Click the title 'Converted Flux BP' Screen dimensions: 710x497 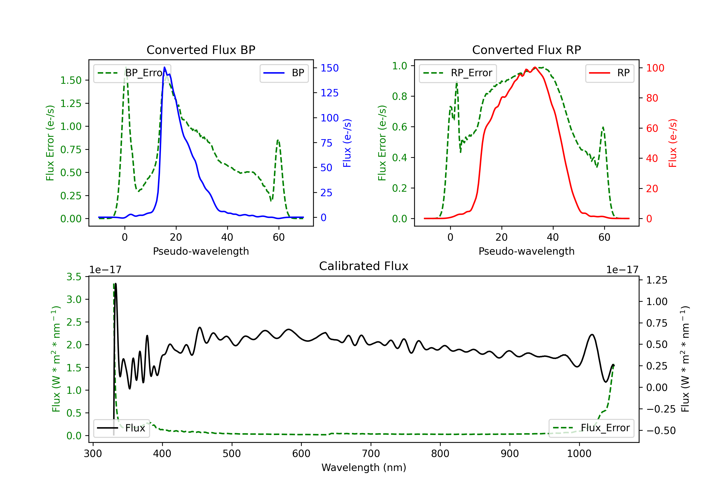point(201,50)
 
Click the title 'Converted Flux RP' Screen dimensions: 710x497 point(527,50)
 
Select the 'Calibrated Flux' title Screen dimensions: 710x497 point(364,266)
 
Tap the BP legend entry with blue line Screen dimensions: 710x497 point(284,73)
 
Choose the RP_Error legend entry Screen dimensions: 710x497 point(458,73)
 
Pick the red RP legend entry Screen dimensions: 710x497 point(609,73)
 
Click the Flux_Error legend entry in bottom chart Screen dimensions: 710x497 point(591,428)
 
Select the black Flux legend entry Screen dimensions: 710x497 point(121,428)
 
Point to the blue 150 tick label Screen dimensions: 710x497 point(330,68)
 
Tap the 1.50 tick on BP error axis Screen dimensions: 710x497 point(71,80)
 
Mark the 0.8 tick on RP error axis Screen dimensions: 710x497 point(399,97)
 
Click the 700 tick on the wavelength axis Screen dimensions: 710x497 point(371,454)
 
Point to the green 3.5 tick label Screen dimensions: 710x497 point(74,277)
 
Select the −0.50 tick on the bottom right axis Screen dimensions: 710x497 point(661,430)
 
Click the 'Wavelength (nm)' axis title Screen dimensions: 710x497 point(364,467)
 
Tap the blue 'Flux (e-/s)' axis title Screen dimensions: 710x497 point(347,143)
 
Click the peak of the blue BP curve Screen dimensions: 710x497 point(164,67)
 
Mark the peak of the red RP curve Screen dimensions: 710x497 point(535,67)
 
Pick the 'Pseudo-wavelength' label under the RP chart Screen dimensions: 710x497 point(527,251)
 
